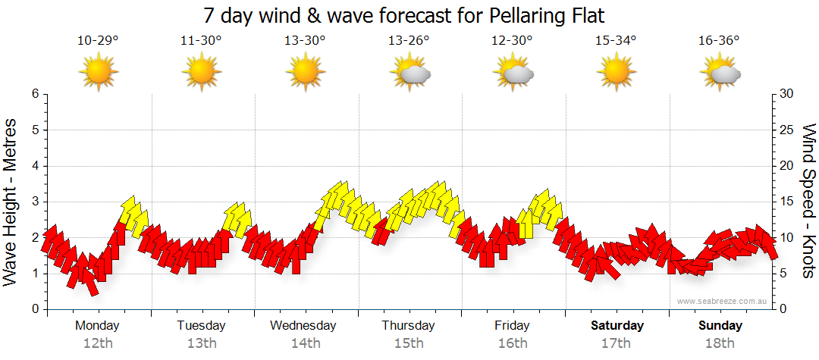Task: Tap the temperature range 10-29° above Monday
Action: (98, 40)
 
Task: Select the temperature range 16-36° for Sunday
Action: (719, 40)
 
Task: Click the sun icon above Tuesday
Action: (202, 72)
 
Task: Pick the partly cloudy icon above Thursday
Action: (409, 72)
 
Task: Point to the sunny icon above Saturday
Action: (616, 72)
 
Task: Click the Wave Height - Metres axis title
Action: (11, 202)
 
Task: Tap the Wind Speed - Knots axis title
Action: (808, 202)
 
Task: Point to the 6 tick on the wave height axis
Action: (35, 94)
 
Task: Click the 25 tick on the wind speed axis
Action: (786, 130)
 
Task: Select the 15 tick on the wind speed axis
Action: (786, 202)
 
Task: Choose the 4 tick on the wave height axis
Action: (35, 166)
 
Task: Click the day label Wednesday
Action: (303, 326)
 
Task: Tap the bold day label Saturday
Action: (617, 326)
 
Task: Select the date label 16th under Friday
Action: (513, 343)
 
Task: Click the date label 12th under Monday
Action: (98, 343)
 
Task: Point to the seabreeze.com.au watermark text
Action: (723, 301)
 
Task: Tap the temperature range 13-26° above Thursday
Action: (409, 40)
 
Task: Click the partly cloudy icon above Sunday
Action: (720, 72)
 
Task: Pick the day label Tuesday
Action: (201, 326)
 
